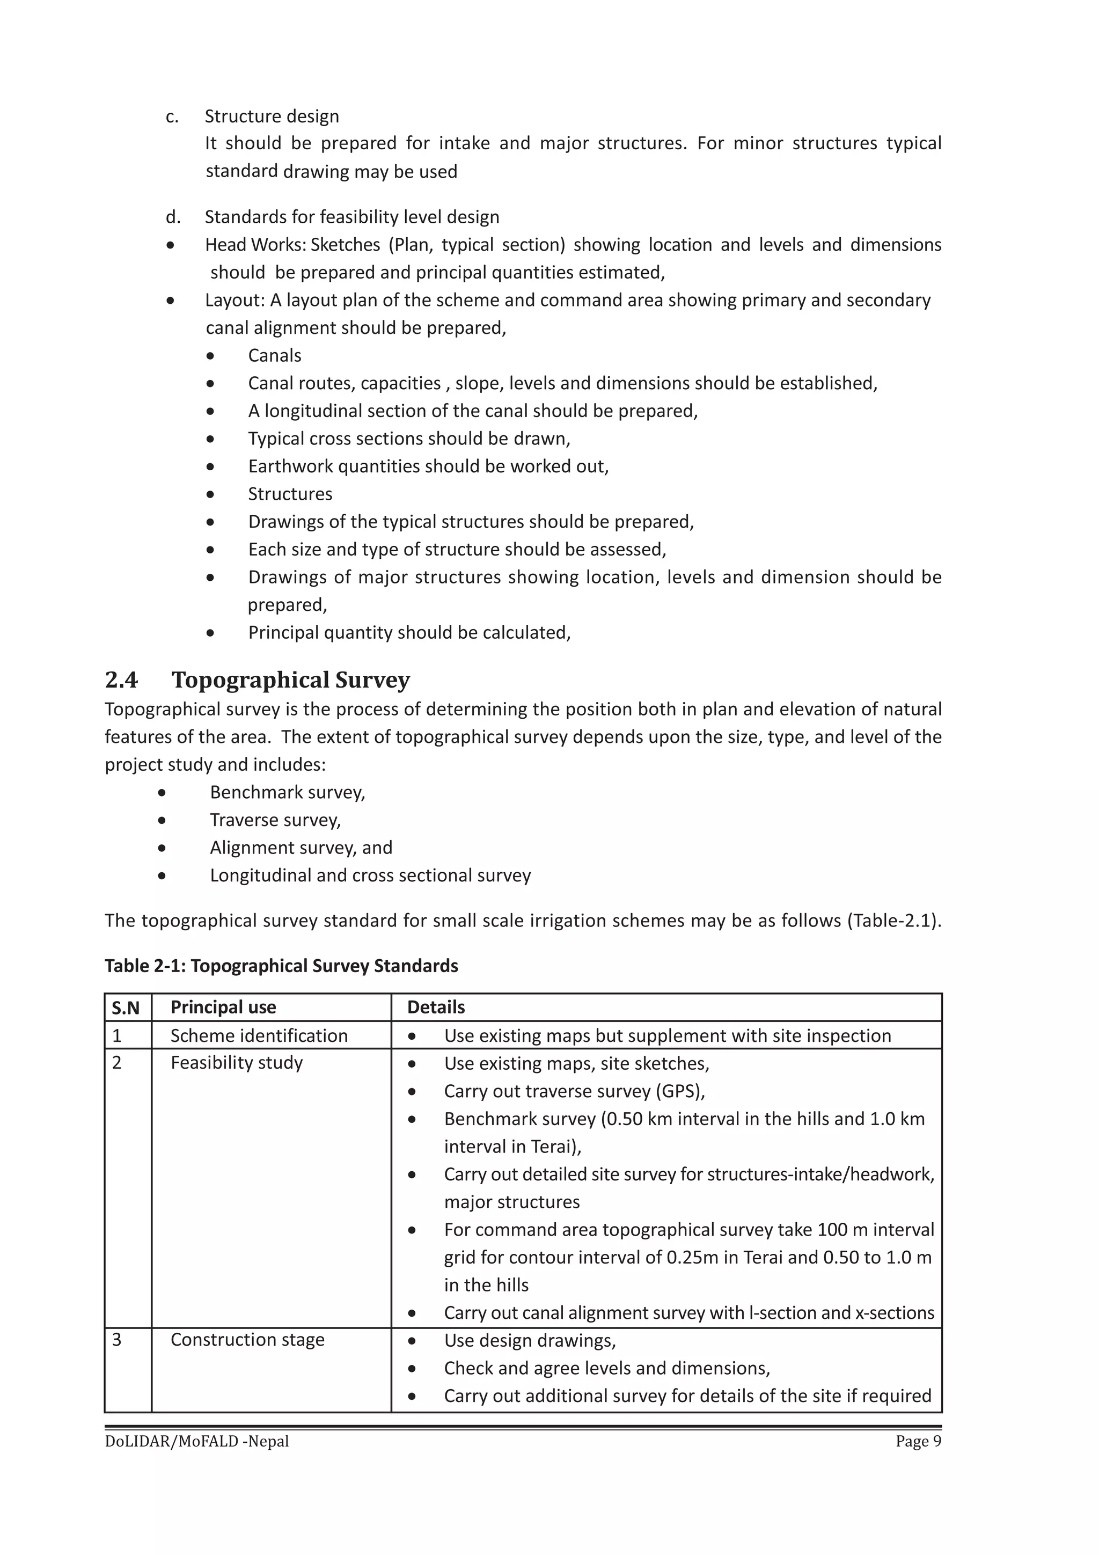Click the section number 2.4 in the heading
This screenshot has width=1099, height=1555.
click(x=121, y=680)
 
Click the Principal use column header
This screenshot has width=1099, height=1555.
click(x=223, y=1007)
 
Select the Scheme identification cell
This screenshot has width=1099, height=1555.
click(x=259, y=1035)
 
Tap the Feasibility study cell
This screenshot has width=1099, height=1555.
click(x=236, y=1063)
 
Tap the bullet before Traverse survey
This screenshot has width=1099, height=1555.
click(x=162, y=820)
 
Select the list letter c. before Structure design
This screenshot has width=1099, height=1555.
click(x=172, y=116)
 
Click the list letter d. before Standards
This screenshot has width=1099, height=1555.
click(x=173, y=217)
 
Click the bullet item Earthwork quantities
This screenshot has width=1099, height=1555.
click(x=428, y=466)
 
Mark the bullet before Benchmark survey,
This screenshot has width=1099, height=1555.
click(x=162, y=792)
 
